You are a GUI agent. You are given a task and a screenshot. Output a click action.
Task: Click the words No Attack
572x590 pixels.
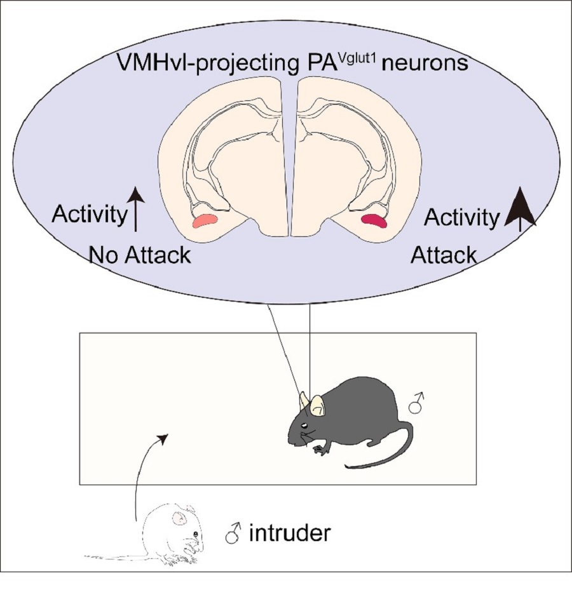140,255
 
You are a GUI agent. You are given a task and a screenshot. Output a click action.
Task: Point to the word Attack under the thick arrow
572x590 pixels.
444,255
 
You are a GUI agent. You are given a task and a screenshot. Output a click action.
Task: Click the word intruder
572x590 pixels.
290,533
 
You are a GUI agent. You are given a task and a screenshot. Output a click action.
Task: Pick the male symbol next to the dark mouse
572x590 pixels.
417,404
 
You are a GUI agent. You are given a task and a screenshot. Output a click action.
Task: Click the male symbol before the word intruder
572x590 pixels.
232,534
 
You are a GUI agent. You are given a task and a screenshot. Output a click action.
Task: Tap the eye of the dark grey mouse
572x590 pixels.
305,425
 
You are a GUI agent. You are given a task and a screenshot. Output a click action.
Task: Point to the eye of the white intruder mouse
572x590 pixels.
196,534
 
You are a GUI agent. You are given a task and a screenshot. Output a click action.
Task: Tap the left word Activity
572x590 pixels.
89,215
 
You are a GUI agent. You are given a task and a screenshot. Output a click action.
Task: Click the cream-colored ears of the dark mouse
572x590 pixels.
316,405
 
